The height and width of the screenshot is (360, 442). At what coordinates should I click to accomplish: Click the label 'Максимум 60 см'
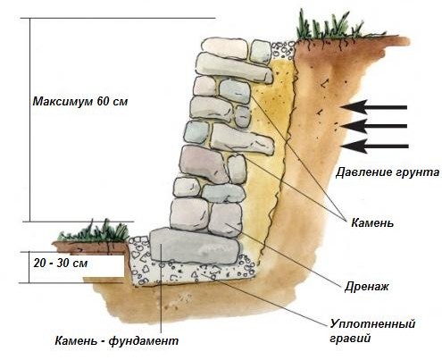click(x=80, y=102)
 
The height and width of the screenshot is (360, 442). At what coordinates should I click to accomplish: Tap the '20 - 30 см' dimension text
click(x=61, y=264)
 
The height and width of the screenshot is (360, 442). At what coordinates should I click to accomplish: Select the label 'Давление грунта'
click(x=388, y=172)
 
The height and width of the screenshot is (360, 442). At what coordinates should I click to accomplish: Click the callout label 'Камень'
click(x=372, y=222)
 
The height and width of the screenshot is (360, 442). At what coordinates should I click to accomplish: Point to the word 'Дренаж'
click(x=367, y=287)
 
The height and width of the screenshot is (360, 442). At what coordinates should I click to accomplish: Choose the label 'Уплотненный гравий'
click(x=372, y=331)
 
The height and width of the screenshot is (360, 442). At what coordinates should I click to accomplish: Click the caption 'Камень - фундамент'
click(x=117, y=340)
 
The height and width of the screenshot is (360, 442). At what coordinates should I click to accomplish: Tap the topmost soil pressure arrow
click(x=374, y=107)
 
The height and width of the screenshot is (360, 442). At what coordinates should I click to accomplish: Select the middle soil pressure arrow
click(x=374, y=126)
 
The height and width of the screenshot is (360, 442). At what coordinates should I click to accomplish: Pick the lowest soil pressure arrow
click(x=374, y=146)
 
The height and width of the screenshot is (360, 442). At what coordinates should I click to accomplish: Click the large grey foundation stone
click(x=195, y=246)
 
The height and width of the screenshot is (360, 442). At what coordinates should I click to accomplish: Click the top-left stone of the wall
click(x=225, y=47)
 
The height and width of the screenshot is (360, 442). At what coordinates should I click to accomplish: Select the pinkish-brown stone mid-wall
click(x=204, y=163)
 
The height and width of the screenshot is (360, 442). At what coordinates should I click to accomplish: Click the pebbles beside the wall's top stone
click(x=283, y=50)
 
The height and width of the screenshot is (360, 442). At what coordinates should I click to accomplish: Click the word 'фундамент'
click(x=144, y=341)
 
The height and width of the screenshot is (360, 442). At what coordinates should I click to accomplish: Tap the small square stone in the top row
click(x=261, y=52)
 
